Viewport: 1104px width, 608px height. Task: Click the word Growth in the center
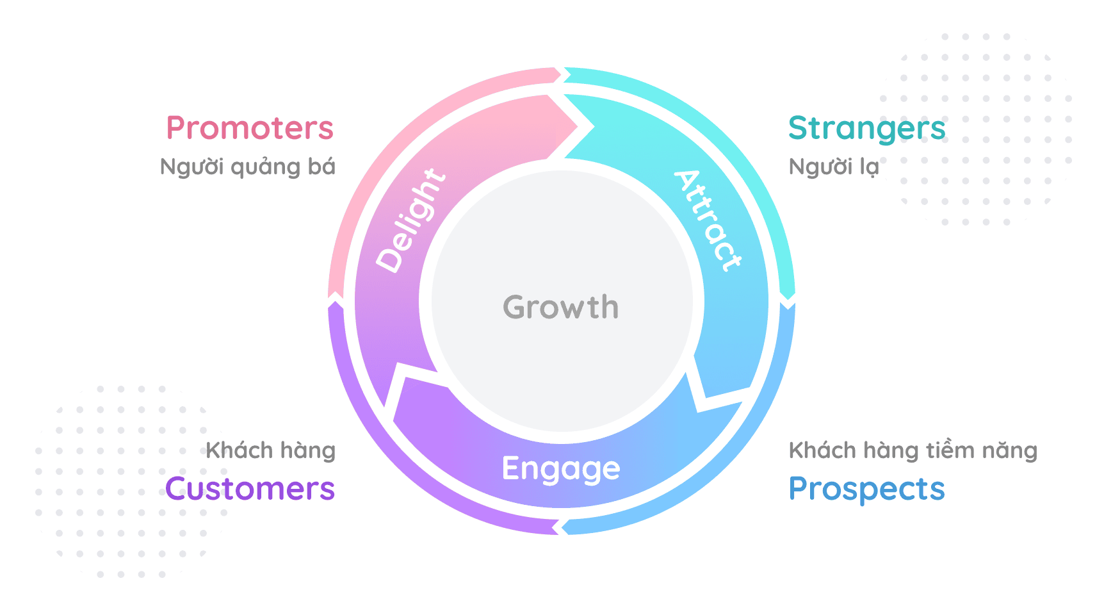pyautogui.click(x=561, y=307)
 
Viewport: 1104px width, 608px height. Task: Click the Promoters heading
pyautogui.click(x=250, y=127)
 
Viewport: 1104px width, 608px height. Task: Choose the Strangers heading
pyautogui.click(x=867, y=129)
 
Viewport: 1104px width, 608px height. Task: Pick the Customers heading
pyautogui.click(x=250, y=489)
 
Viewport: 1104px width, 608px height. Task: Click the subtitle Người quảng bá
pyautogui.click(x=248, y=167)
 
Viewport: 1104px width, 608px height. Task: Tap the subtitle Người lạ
pyautogui.click(x=834, y=167)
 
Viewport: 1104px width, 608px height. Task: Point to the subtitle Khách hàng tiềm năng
pyautogui.click(x=913, y=450)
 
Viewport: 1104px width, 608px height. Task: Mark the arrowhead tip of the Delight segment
pyautogui.click(x=594, y=126)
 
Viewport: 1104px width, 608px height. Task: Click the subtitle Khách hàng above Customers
pyautogui.click(x=270, y=450)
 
